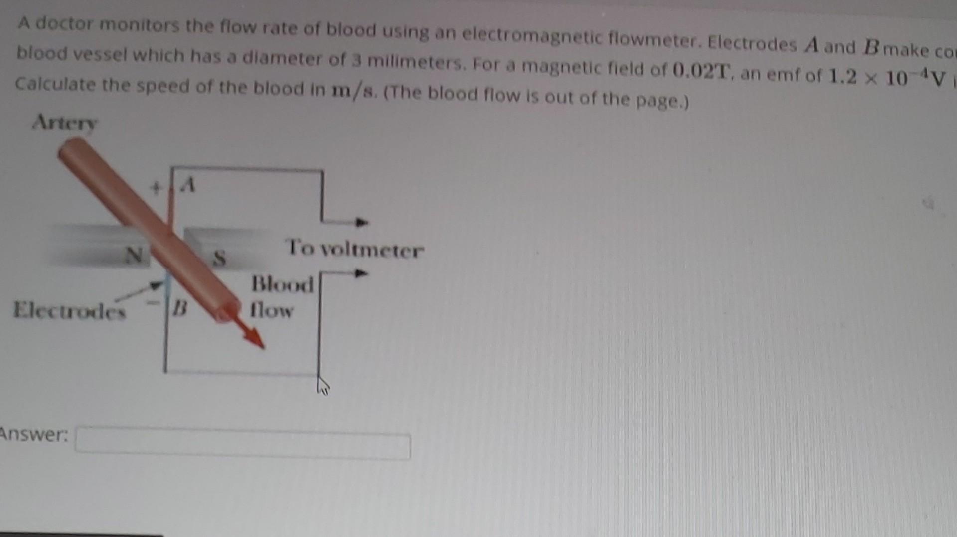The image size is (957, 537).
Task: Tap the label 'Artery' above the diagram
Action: pyautogui.click(x=65, y=122)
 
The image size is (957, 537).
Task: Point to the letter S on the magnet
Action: pyautogui.click(x=219, y=258)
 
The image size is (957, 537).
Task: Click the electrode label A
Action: pyautogui.click(x=187, y=186)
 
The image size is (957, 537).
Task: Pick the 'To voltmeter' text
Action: pyautogui.click(x=354, y=249)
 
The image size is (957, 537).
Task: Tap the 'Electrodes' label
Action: pyautogui.click(x=69, y=310)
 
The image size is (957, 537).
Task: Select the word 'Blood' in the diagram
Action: pyautogui.click(x=282, y=284)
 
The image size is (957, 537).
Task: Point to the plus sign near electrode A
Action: pyautogui.click(x=157, y=188)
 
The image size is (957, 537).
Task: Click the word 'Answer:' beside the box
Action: pyautogui.click(x=34, y=434)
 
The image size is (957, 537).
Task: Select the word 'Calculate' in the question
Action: pyautogui.click(x=55, y=84)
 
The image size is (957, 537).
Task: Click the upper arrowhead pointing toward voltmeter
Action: pyautogui.click(x=362, y=222)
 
